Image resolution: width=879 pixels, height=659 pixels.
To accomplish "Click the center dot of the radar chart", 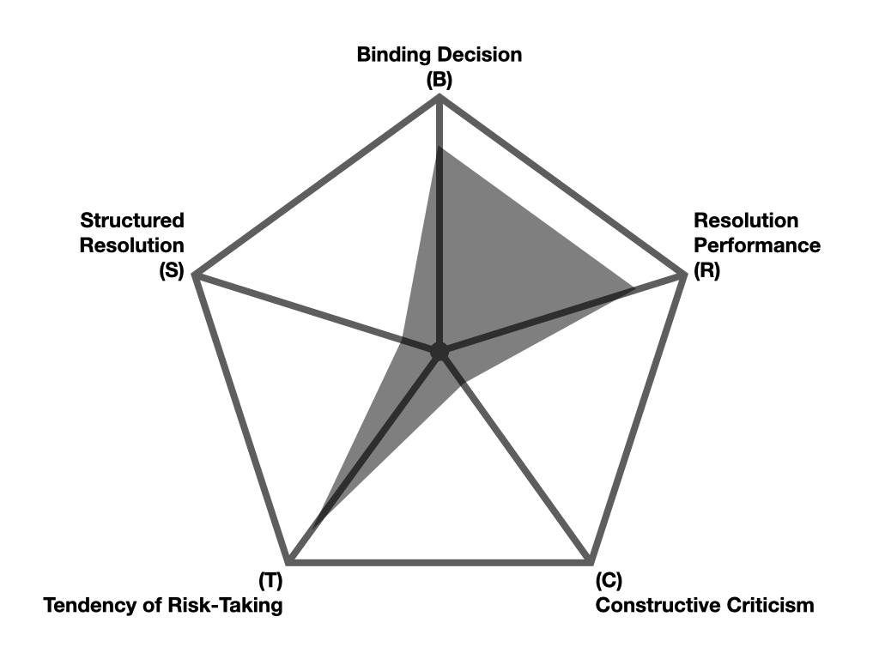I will (439, 351).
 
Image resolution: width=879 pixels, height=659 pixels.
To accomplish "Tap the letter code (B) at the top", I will (439, 80).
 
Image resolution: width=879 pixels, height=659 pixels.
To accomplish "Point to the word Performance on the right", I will (757, 245).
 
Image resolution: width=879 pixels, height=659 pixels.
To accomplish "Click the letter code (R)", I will (708, 271).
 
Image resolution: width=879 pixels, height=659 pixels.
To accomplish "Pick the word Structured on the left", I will (132, 221).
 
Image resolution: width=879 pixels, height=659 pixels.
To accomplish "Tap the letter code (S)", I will (172, 271).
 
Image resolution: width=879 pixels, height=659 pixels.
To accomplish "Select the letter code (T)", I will (270, 581).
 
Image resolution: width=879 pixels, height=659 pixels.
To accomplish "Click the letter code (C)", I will (608, 581).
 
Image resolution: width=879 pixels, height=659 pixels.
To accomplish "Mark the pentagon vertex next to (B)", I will (439, 98).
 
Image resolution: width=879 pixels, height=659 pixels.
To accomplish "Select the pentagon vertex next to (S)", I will (196, 275).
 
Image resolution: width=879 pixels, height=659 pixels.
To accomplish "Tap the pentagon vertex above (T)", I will (289, 562).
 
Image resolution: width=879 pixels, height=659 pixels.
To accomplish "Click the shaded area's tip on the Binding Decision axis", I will (439, 148).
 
